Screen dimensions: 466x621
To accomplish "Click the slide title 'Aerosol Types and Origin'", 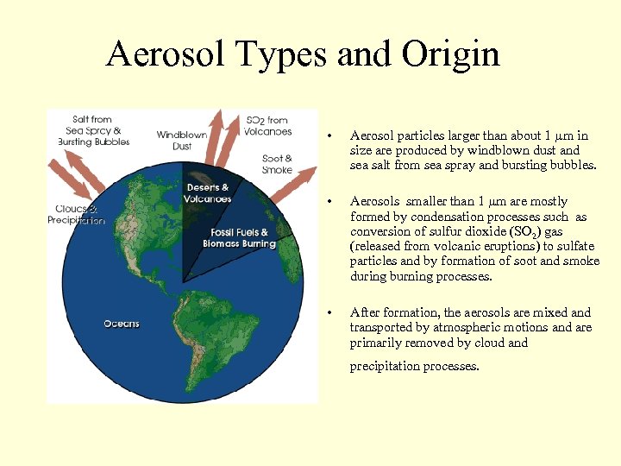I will (x=303, y=54).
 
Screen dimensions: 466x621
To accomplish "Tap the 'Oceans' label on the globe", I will (x=122, y=324).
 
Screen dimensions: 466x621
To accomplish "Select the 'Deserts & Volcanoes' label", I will (x=207, y=193).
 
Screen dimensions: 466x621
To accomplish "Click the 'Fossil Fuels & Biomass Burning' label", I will (x=239, y=238).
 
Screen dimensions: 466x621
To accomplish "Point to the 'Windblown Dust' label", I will (x=182, y=141).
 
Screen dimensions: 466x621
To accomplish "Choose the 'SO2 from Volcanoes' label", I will (x=268, y=126).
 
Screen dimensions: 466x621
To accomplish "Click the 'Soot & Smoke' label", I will (x=277, y=164).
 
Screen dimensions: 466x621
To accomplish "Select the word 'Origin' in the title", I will (x=450, y=54).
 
